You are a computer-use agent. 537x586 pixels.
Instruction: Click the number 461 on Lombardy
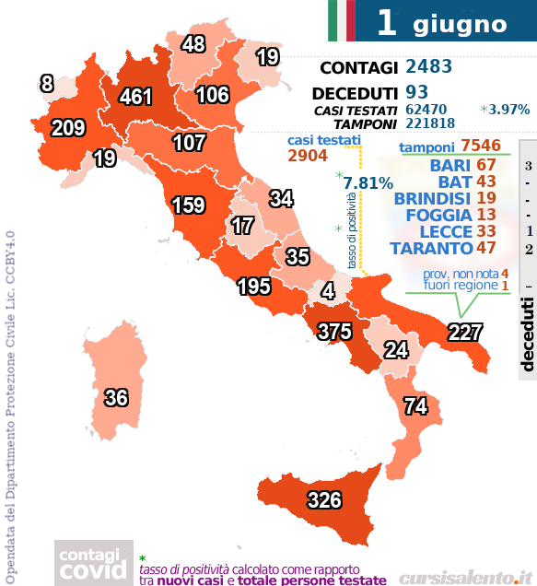[135, 96]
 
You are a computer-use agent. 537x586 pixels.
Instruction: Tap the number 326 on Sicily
[323, 500]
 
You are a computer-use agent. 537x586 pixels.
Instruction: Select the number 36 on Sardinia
[116, 398]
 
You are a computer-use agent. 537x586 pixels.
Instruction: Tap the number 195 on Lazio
[254, 287]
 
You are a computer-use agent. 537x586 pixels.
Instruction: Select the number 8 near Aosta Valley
[47, 84]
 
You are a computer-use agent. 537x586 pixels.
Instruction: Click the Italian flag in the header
[341, 20]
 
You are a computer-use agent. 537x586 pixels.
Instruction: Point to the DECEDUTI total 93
[416, 92]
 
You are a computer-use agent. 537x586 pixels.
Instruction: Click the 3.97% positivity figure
[509, 109]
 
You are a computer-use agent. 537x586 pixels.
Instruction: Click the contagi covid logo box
[90, 563]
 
